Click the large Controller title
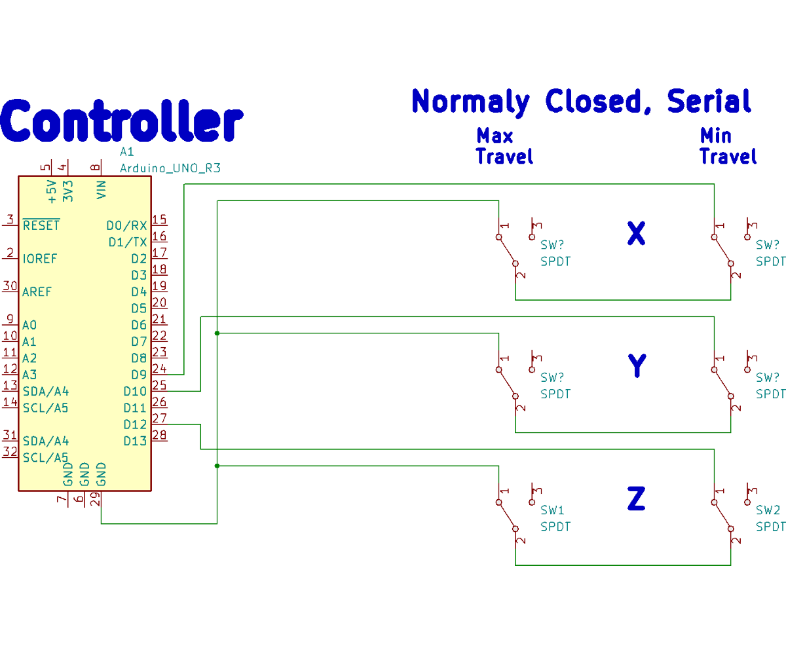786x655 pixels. (122, 121)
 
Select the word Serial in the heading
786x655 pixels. (709, 102)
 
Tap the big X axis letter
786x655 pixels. (636, 233)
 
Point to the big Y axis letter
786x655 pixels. (637, 366)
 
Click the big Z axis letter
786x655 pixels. (636, 499)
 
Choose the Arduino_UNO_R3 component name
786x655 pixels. (170, 168)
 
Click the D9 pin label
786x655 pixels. (138, 375)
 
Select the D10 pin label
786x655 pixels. (135, 392)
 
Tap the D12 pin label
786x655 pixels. (135, 424)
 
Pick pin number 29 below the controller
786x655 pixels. (96, 499)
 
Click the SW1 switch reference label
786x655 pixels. (552, 510)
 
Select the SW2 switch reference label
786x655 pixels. (768, 510)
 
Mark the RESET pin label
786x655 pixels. (41, 225)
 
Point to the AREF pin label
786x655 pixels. (37, 291)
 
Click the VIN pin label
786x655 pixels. (101, 190)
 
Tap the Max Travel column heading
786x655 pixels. (504, 146)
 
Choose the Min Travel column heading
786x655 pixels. (728, 146)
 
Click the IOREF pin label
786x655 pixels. (39, 259)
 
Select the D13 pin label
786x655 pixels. (135, 441)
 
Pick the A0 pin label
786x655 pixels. (29, 325)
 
